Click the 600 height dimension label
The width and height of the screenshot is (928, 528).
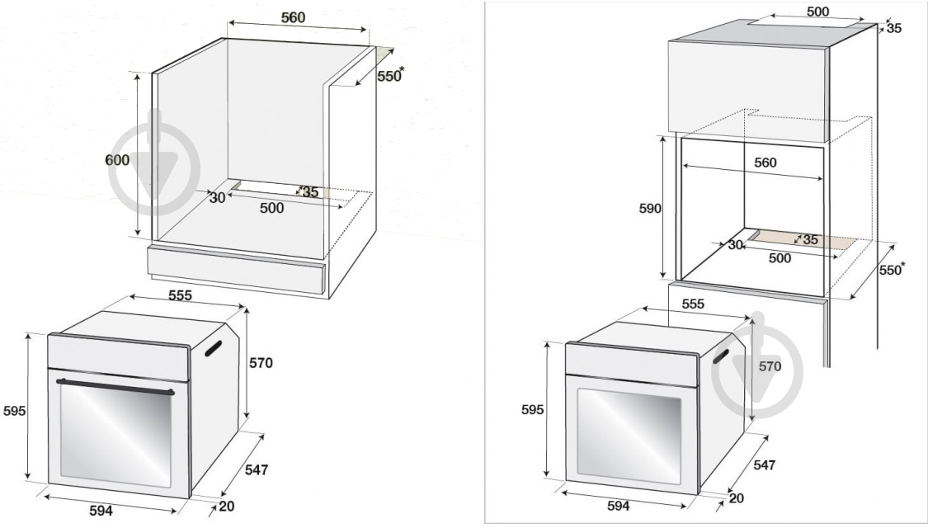[x=117, y=160]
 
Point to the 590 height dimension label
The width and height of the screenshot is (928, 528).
[x=650, y=209]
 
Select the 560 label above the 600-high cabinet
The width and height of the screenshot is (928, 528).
[x=293, y=18]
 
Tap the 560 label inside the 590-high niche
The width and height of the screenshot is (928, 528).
[x=765, y=163]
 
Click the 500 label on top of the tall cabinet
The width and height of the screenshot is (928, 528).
[x=818, y=12]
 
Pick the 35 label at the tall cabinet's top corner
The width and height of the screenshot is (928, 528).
[x=893, y=28]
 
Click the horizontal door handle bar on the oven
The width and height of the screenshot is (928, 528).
[x=115, y=387]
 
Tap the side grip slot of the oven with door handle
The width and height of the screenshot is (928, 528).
[x=213, y=349]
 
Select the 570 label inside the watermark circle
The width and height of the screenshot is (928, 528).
[x=770, y=366]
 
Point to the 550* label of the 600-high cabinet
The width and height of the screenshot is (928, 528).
[x=391, y=75]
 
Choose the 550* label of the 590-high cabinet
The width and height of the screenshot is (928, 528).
[x=892, y=269]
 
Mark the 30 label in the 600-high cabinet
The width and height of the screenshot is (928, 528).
[x=217, y=198]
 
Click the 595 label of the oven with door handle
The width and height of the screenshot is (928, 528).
[x=14, y=410]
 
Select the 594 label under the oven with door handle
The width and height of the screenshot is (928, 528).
[x=101, y=510]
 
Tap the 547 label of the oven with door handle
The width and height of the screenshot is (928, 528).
[x=257, y=470]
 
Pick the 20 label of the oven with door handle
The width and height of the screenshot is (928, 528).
[x=227, y=506]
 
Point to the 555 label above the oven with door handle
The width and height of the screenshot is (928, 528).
[x=180, y=295]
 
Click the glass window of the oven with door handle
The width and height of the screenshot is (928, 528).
[x=115, y=436]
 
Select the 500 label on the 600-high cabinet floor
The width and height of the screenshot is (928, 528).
[x=271, y=208]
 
